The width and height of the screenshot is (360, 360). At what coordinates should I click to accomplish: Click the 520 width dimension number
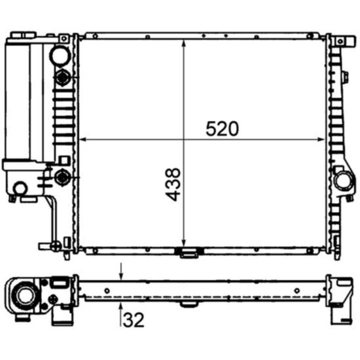pyautogui.click(x=222, y=129)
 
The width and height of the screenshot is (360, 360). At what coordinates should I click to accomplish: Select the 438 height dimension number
pyautogui.click(x=173, y=185)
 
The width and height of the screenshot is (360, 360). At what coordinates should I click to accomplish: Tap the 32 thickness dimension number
pyautogui.click(x=134, y=319)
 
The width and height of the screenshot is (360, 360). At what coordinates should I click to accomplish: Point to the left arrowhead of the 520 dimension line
pyautogui.click(x=82, y=139)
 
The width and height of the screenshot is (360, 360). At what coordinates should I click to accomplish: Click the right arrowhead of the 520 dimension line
pyautogui.click(x=321, y=139)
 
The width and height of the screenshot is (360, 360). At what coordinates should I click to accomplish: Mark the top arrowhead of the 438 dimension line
pyautogui.click(x=183, y=43)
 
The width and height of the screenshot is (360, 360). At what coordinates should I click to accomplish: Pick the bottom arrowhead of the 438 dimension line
pyautogui.click(x=183, y=243)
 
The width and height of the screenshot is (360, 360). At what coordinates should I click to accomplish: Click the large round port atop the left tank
pyautogui.click(x=60, y=56)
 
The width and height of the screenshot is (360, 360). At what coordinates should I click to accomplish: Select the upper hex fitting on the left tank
pyautogui.click(x=62, y=77)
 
